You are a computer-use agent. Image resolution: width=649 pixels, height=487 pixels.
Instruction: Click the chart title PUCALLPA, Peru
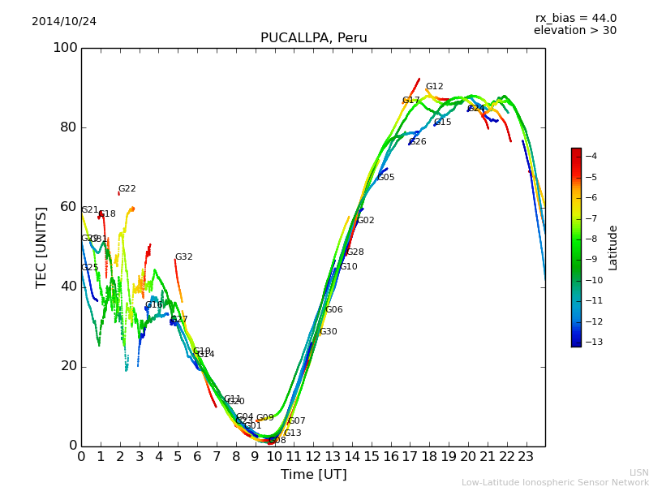coord(313,38)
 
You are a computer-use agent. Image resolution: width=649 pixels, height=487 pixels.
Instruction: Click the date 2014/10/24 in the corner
coord(64,22)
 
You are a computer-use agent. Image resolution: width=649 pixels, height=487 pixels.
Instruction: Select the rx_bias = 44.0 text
coord(575,19)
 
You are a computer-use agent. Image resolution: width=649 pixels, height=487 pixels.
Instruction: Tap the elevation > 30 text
coord(574,31)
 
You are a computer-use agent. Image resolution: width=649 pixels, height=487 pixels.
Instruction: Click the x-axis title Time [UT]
coord(313,475)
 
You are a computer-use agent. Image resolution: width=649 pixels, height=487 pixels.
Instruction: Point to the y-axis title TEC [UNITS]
coord(41,247)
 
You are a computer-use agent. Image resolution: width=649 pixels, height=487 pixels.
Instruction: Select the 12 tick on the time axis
coord(313,457)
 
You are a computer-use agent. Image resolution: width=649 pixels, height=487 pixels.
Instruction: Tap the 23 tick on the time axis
coord(526,457)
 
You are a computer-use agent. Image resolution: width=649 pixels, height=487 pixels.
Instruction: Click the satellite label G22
coord(127,189)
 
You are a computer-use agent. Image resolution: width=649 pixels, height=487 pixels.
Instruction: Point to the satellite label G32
coord(184,257)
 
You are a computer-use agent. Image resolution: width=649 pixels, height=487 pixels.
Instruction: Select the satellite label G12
coord(435,87)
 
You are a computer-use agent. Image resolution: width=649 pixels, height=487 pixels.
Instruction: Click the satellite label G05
coord(386,178)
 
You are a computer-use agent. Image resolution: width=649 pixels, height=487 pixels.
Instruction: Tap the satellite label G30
coord(329,332)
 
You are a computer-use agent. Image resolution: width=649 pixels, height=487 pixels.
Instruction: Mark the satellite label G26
coord(418,142)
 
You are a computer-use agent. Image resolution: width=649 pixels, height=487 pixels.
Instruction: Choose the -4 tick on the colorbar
coord(591,156)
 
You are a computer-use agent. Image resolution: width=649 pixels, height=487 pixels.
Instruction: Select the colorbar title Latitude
coord(613,248)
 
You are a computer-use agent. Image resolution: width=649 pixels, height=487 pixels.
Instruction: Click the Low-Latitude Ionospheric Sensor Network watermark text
coord(555,483)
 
